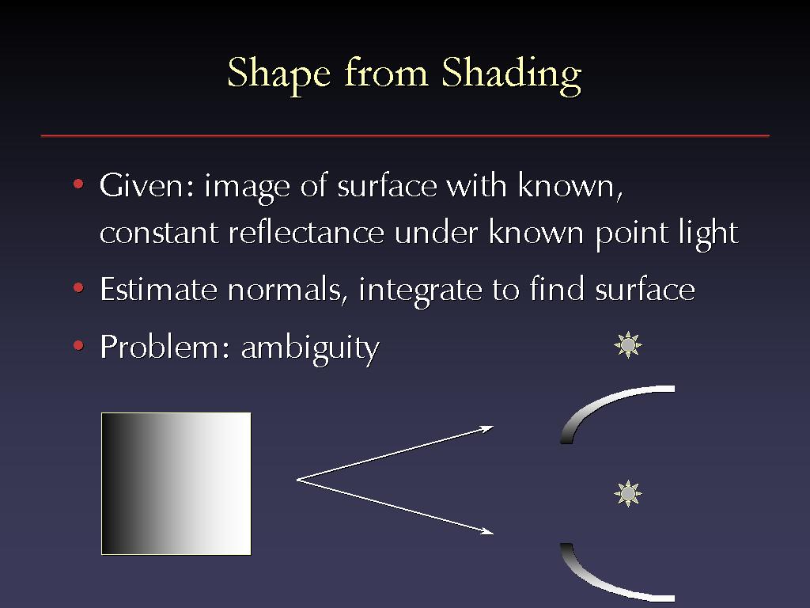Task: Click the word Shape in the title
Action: tap(279, 74)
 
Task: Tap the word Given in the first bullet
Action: tap(147, 184)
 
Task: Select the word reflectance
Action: tap(306, 233)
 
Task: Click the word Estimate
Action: tap(158, 289)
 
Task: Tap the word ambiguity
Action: tap(310, 348)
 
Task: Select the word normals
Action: tap(285, 290)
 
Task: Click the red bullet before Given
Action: tap(78, 184)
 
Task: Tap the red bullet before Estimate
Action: tap(78, 288)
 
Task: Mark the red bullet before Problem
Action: tap(78, 345)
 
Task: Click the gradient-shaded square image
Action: tap(176, 484)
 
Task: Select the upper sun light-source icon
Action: tap(627, 345)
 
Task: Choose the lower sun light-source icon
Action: tap(627, 494)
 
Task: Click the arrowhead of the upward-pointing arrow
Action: tap(487, 428)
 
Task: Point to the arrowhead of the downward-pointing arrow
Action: tap(487, 531)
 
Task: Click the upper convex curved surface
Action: tap(600, 405)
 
